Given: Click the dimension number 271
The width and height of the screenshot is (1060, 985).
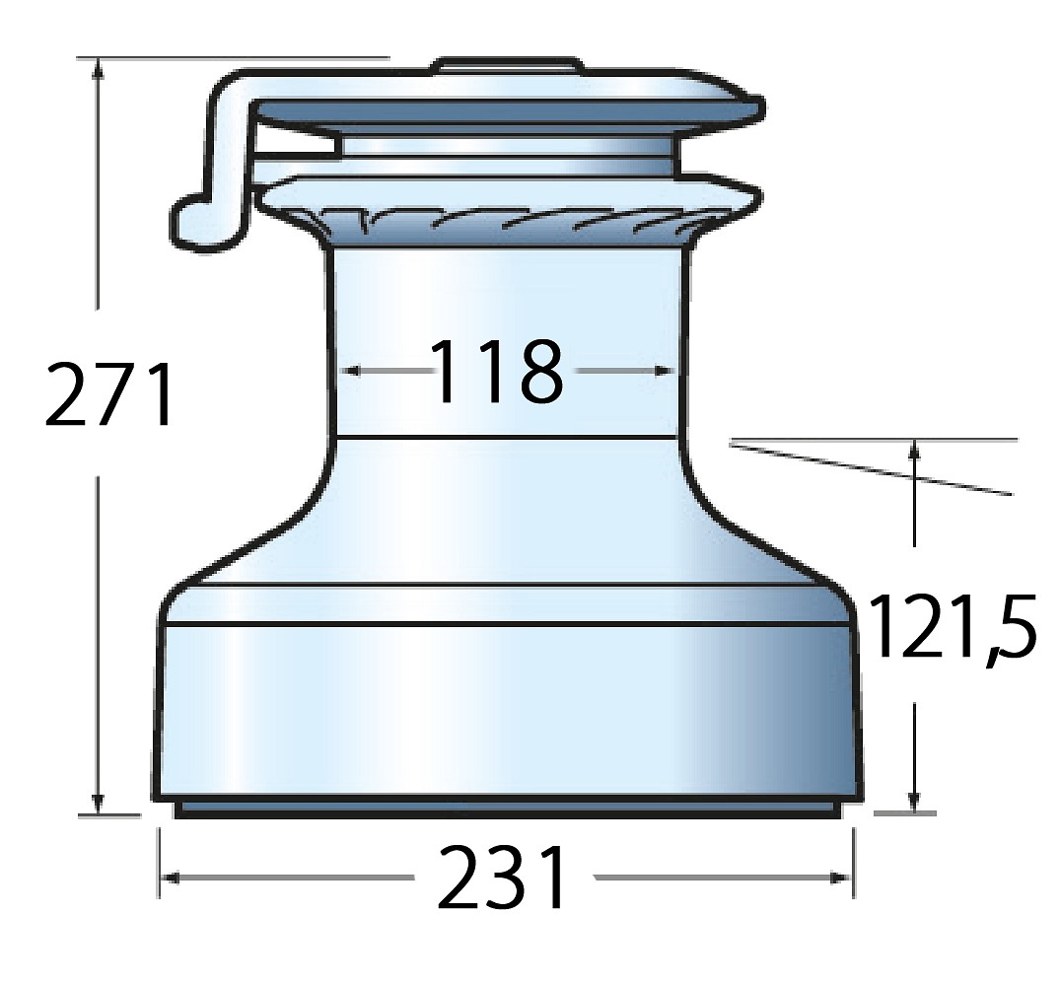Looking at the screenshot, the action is (108, 394).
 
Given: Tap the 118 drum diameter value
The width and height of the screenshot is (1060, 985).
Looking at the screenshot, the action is (498, 371).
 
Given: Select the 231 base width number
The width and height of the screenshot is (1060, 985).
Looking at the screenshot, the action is (501, 878).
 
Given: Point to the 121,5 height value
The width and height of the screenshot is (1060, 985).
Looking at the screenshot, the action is (953, 627).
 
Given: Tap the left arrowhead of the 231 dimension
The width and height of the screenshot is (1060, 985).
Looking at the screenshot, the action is (170, 878).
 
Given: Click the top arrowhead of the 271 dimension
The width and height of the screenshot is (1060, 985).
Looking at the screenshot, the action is (100, 68).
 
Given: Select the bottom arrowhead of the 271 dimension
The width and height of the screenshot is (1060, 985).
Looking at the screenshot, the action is (100, 804).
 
